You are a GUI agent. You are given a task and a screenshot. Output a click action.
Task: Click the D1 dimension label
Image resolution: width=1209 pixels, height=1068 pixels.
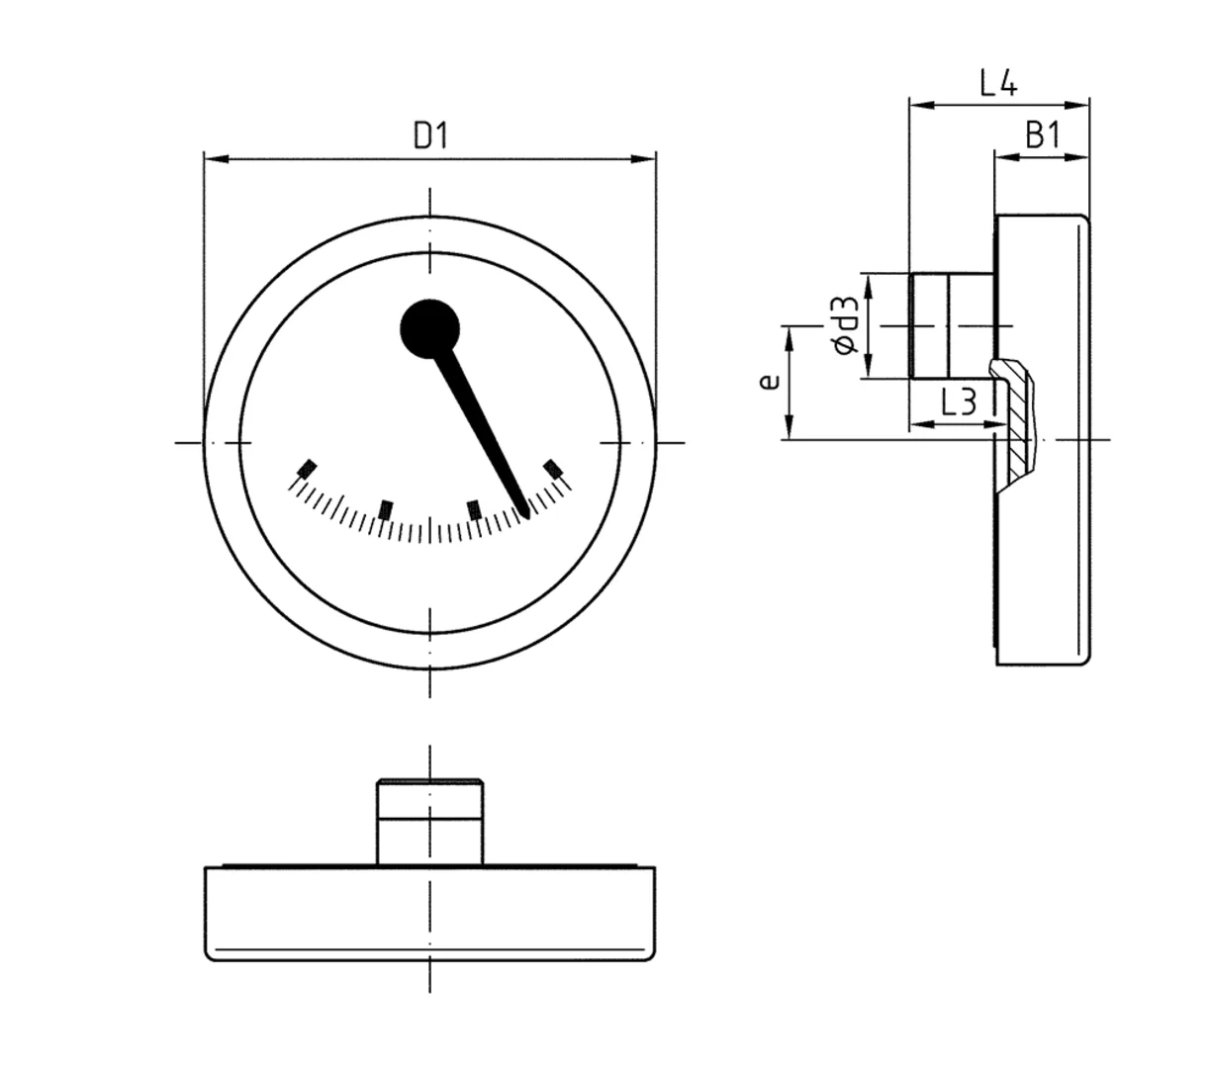[x=430, y=134]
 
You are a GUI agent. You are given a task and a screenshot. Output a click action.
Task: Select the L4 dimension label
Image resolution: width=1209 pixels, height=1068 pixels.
[x=998, y=82]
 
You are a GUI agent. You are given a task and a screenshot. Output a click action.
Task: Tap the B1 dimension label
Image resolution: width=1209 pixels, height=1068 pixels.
[x=1042, y=134]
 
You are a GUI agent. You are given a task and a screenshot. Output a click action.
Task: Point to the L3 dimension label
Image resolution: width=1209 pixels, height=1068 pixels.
[x=958, y=401]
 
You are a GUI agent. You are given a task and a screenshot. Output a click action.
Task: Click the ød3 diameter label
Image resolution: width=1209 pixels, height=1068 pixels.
[x=844, y=327]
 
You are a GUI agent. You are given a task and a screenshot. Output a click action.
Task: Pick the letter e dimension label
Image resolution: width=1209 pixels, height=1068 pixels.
[x=769, y=382]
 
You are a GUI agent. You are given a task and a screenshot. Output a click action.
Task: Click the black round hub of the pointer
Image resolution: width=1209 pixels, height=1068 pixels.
[x=429, y=328]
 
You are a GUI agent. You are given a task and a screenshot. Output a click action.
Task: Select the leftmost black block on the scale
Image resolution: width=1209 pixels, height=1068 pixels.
[x=308, y=468]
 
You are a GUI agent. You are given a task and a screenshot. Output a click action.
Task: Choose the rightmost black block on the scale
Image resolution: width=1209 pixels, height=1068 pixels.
[x=553, y=468]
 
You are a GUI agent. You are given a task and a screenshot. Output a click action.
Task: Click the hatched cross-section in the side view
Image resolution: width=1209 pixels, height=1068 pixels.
[x=1019, y=425]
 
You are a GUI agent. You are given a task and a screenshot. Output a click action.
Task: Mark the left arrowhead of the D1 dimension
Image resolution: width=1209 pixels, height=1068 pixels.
[x=211, y=158]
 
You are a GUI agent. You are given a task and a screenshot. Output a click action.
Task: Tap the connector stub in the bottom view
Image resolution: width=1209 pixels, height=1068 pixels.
[x=429, y=821]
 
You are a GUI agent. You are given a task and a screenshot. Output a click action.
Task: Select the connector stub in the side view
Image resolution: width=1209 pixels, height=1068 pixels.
[x=950, y=325]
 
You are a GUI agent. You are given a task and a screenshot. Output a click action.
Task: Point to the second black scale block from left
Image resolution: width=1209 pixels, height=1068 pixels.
[x=386, y=509]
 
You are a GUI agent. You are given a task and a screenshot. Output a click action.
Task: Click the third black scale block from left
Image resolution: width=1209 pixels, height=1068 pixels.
[x=474, y=509]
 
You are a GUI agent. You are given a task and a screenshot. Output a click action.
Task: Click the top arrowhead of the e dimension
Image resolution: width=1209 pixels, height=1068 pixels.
[x=789, y=332]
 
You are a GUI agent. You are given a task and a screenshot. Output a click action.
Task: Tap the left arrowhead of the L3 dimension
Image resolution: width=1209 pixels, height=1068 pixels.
[x=916, y=425]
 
